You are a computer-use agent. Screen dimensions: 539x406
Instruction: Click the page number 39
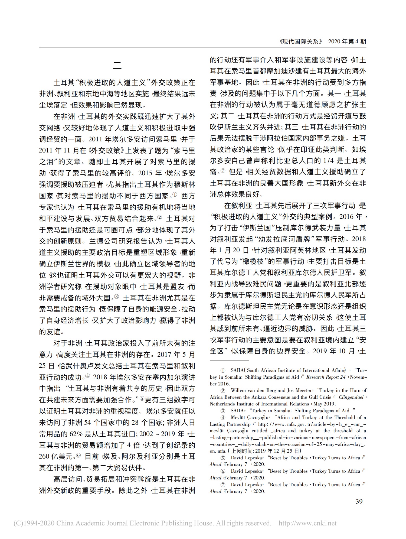point(359,501)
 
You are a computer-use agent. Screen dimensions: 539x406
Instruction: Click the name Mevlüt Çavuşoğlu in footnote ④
point(249,417)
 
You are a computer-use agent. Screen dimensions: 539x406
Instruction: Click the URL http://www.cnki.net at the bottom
point(308,523)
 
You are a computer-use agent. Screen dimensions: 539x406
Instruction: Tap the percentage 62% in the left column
point(77,434)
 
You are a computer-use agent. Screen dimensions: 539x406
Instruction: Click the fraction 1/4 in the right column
point(329,161)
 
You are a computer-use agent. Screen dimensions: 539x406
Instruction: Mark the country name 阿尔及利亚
point(142,456)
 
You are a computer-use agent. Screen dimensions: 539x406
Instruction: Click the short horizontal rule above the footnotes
point(229,361)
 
